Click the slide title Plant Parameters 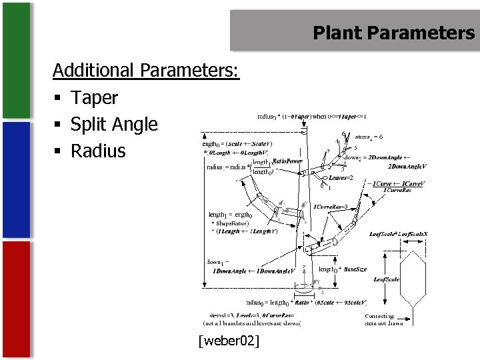(x=393, y=33)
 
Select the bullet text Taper (x=94, y=98)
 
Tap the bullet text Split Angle (x=114, y=125)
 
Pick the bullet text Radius (x=98, y=151)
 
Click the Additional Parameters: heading (x=145, y=70)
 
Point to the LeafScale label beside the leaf (x=386, y=279)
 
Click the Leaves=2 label (x=341, y=178)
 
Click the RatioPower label (x=287, y=161)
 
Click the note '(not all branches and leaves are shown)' (x=255, y=323)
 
